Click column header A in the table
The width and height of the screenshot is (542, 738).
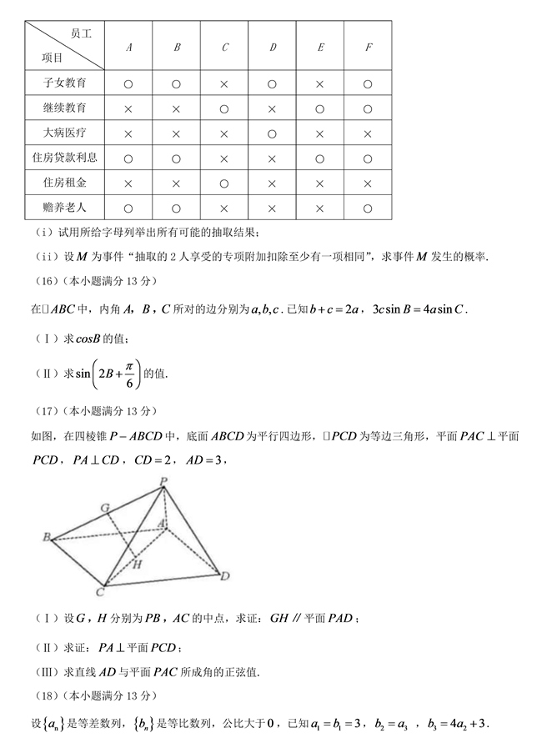tap(128, 48)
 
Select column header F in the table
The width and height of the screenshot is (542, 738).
tap(368, 48)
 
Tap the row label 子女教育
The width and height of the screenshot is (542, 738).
tap(64, 84)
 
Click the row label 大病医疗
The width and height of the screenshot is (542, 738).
tap(64, 133)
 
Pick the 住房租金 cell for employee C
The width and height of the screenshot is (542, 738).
tap(224, 183)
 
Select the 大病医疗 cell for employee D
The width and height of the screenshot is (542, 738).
tap(273, 133)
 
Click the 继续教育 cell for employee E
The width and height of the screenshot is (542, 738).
tap(320, 109)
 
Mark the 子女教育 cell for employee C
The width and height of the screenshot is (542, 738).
tap(224, 84)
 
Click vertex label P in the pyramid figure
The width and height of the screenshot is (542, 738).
tap(164, 480)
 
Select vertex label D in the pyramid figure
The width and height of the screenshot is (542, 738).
tap(224, 576)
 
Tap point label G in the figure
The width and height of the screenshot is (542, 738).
tap(104, 506)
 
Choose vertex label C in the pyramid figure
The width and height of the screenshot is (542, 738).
tap(99, 592)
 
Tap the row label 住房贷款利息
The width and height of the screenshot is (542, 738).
tap(64, 158)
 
